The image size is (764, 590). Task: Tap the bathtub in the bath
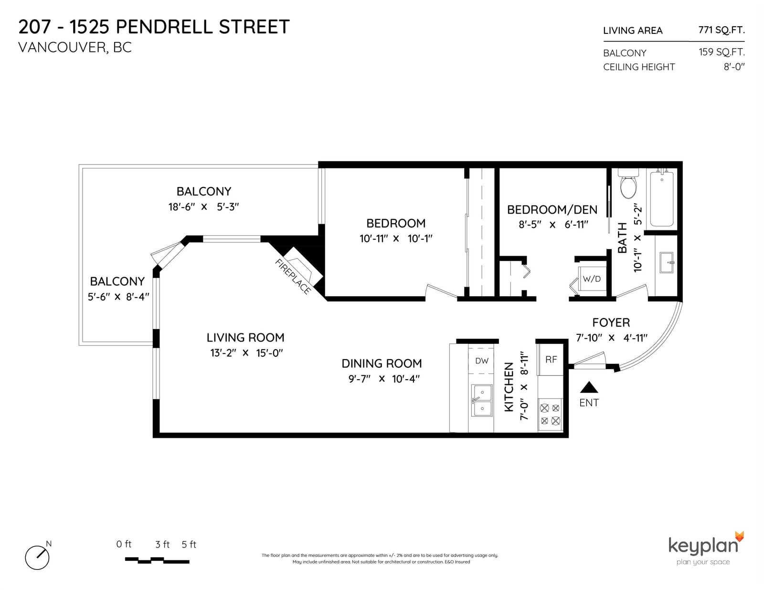coord(662,198)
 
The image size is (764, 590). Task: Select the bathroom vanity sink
coord(667,262)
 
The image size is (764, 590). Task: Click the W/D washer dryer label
coord(592,279)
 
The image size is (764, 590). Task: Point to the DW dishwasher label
coord(482,361)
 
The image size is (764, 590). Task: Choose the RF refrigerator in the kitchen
coord(551,359)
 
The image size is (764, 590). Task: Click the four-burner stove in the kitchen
coord(550,414)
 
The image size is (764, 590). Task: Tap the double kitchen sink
coord(482,400)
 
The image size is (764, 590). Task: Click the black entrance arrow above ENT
coord(589,387)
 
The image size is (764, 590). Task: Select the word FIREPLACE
coord(293,276)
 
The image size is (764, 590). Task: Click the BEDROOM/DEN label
coord(552,210)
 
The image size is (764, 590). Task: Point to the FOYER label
coord(611,322)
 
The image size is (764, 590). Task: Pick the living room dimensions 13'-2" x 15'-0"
coord(246,352)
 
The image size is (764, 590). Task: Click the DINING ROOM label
coord(382,363)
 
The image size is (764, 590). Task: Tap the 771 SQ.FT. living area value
coord(722,30)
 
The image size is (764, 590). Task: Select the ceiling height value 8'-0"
coord(734,66)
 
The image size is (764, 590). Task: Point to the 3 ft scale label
coord(162,545)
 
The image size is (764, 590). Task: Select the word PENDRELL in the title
coord(164,27)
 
